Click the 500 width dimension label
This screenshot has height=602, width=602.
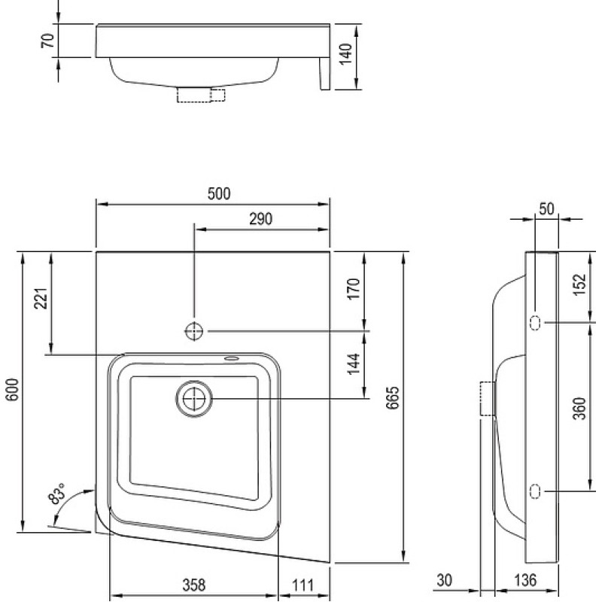point(219,194)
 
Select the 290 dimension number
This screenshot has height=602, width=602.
point(260,219)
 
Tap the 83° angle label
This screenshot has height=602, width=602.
point(57,494)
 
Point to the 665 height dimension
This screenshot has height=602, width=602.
point(393,398)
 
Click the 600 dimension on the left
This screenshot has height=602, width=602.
point(12,390)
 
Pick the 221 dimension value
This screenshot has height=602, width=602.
point(41,298)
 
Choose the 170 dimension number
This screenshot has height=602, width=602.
point(354,289)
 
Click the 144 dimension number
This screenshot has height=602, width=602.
point(354,364)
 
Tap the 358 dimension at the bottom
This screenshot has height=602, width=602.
point(194,585)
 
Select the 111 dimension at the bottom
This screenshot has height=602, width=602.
point(303,585)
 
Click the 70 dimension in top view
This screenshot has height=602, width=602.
point(48,41)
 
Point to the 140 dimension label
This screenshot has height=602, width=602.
point(346,53)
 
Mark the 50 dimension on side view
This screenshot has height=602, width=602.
point(547,209)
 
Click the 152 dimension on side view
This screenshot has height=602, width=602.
point(580,284)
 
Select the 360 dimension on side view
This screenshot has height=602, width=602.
point(580,408)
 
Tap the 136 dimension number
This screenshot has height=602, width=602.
point(524,580)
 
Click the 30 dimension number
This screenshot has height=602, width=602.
point(444,580)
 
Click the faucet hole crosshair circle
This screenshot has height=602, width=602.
point(194,331)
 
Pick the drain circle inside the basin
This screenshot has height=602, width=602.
point(194,400)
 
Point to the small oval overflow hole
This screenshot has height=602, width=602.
point(232,359)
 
